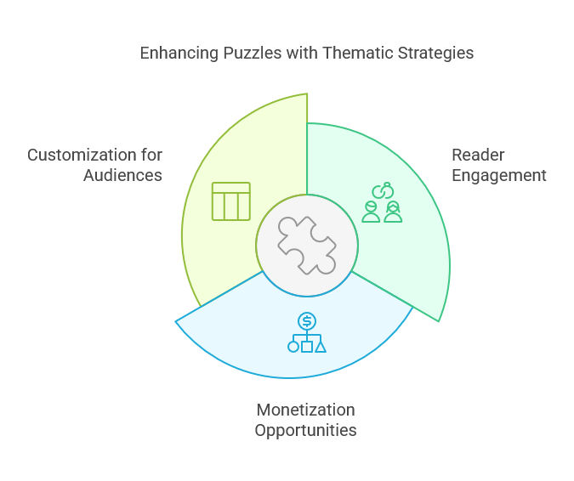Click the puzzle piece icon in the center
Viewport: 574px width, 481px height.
[307, 245]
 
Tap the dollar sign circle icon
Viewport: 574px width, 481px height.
[307, 320]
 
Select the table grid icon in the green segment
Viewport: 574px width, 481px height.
[231, 201]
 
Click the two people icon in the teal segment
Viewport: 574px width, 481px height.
[382, 211]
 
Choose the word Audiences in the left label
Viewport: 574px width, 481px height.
[122, 175]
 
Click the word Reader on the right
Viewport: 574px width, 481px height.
[478, 155]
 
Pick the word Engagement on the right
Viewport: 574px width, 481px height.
[498, 175]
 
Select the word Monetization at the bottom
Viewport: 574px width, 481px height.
[305, 410]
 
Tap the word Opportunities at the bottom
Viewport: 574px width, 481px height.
[305, 430]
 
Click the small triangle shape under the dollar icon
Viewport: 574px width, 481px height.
[321, 347]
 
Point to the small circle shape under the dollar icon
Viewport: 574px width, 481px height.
[293, 347]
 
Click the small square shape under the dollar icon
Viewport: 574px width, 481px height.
[307, 347]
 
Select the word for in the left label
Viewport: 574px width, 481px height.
[151, 155]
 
